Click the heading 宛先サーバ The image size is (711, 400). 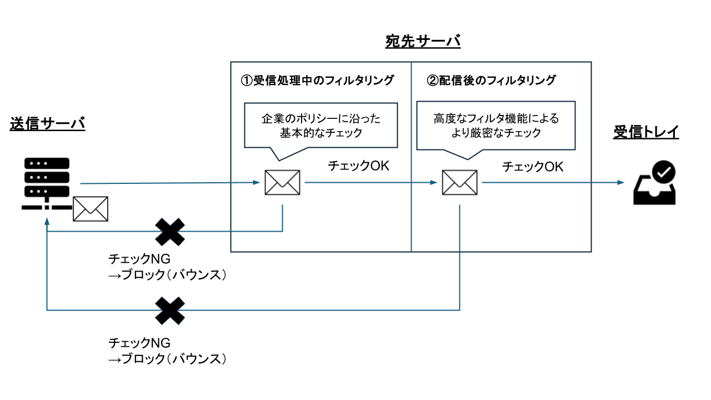[423, 42]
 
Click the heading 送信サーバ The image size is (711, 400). [47, 124]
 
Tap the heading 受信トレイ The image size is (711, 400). [646, 132]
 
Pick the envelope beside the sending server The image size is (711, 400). [91, 209]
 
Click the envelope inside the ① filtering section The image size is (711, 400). [282, 183]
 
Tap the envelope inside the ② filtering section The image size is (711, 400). [459, 183]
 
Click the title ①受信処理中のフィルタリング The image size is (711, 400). [317, 81]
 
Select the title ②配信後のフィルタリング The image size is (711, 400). [491, 81]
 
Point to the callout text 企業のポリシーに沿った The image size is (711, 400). [321, 119]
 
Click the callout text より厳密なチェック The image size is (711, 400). [496, 133]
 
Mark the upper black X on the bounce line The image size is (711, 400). [169, 232]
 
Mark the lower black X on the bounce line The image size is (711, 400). [169, 311]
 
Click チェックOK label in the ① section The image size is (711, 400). [359, 166]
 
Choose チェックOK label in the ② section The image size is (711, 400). [533, 167]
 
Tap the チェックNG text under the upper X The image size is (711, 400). [139, 259]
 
